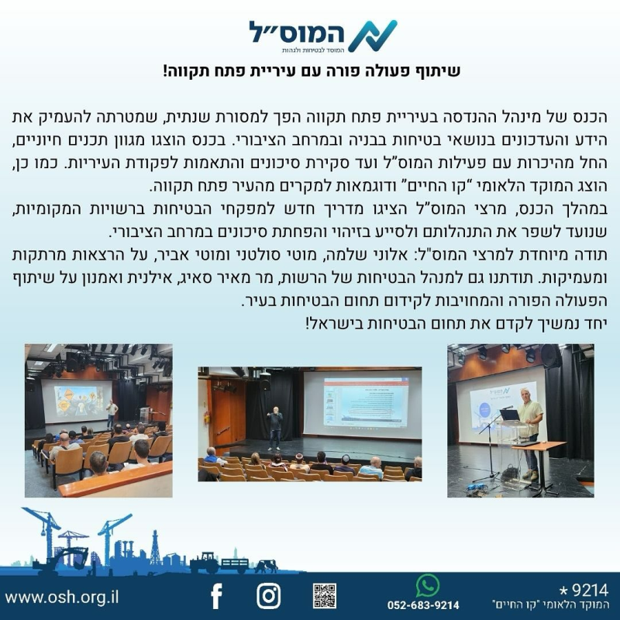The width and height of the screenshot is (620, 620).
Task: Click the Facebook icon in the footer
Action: point(217,596)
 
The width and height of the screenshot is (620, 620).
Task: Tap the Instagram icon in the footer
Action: point(268,596)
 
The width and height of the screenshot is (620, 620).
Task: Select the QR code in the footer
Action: point(325,595)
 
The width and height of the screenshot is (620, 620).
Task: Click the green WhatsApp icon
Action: point(428,585)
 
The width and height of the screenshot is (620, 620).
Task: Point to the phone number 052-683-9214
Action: point(423,605)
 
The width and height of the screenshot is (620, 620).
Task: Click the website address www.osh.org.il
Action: point(62,597)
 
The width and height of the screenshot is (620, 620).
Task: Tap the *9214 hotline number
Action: point(584,591)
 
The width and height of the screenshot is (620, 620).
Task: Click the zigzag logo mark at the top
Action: point(373,36)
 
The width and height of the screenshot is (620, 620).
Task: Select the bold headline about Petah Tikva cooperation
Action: point(312,71)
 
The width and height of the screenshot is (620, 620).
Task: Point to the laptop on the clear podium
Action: point(510,415)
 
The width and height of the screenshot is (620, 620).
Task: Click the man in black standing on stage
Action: point(275,428)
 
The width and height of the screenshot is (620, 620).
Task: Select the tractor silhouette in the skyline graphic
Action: point(205,563)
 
